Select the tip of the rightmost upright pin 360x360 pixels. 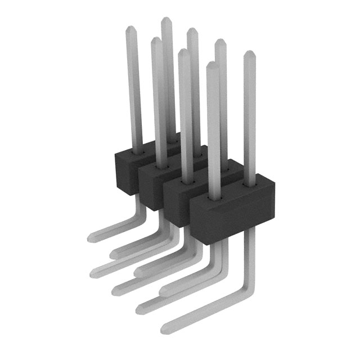pyautogui.click(x=248, y=54)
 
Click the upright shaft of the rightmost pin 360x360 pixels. pyautogui.click(x=249, y=118)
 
